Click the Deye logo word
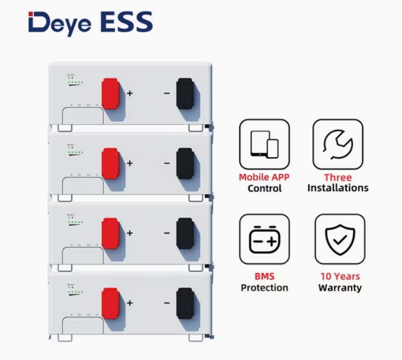coord(55,23)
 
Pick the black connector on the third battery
coord(185,233)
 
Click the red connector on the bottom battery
coord(110,302)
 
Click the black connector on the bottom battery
coord(185,303)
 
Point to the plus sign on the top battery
coord(129,93)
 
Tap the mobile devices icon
coord(265,144)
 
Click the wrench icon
coord(338,144)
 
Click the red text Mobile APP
coord(265,177)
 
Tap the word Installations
coord(338,188)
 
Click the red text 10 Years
coord(340,276)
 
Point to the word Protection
coord(265,288)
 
